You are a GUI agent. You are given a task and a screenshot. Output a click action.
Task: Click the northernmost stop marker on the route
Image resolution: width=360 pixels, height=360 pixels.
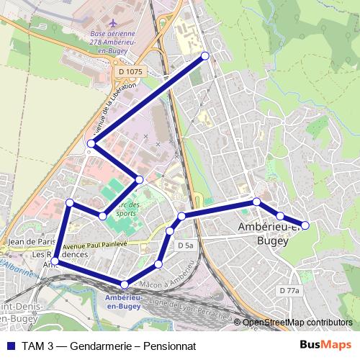click(x=205, y=56)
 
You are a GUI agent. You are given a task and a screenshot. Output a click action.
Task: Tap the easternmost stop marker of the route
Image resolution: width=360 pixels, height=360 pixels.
click(x=305, y=225)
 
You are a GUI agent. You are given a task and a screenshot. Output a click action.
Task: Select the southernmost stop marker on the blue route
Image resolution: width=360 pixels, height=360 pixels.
click(x=125, y=284)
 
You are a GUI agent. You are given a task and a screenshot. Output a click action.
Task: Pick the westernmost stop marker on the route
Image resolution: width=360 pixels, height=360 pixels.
click(x=55, y=261)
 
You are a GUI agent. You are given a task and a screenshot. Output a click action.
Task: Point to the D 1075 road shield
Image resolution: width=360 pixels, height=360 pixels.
click(x=130, y=71)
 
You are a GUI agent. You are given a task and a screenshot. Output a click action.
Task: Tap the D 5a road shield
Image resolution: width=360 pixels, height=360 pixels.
click(x=185, y=246)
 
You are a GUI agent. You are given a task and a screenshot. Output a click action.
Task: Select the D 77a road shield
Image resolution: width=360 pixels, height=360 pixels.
click(x=289, y=289)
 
